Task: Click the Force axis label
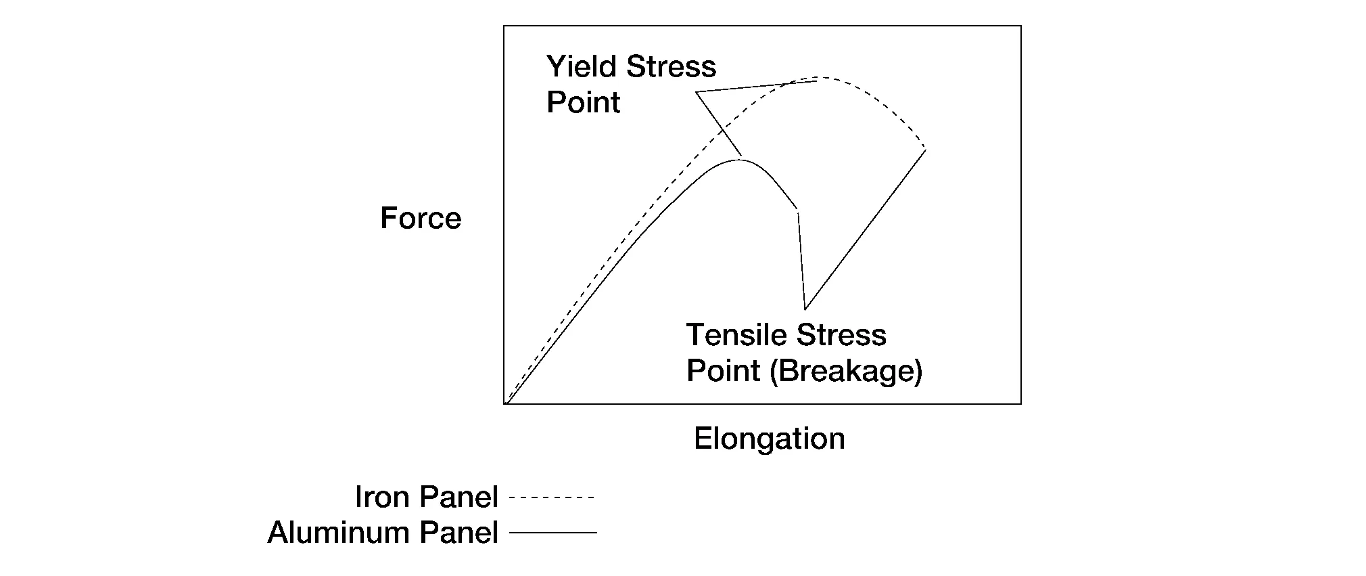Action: click(x=421, y=218)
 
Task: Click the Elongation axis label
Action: click(x=769, y=439)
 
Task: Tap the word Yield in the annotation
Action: click(x=582, y=66)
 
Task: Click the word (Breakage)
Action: click(x=846, y=371)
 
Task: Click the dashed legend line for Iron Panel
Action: click(x=552, y=498)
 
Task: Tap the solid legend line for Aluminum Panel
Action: click(x=553, y=533)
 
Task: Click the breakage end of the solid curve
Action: click(x=798, y=210)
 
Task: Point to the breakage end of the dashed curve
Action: click(x=925, y=148)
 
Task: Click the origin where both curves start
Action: click(x=507, y=403)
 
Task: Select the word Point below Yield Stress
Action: click(x=583, y=102)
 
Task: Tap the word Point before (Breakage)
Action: click(x=723, y=371)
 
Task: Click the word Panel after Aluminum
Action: click(x=459, y=533)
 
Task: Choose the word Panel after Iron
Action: click(x=459, y=497)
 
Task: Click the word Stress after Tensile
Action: click(x=841, y=335)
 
